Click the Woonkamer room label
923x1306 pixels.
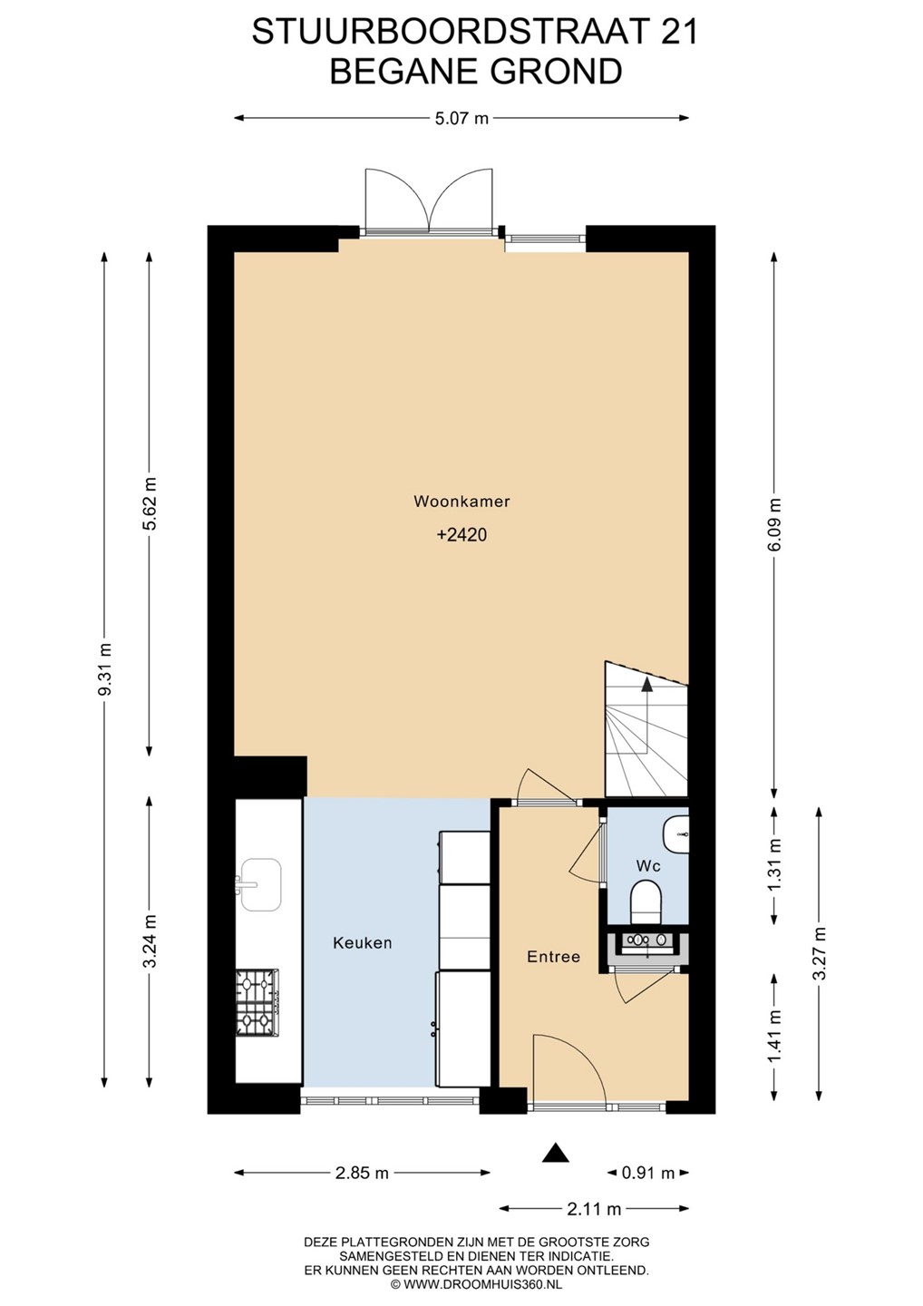pyautogui.click(x=461, y=501)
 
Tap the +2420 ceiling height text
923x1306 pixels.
pyautogui.click(x=461, y=535)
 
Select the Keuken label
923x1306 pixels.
pyautogui.click(x=363, y=943)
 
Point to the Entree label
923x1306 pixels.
pyautogui.click(x=554, y=957)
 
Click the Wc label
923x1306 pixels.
pyautogui.click(x=648, y=866)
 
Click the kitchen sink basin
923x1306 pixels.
pyautogui.click(x=261, y=884)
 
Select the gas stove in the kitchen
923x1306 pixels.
pyautogui.click(x=257, y=1003)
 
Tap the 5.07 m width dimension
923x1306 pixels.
pyautogui.click(x=461, y=118)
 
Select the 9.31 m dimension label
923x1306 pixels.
pyautogui.click(x=104, y=668)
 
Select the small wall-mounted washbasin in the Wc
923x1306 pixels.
pyautogui.click(x=677, y=834)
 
